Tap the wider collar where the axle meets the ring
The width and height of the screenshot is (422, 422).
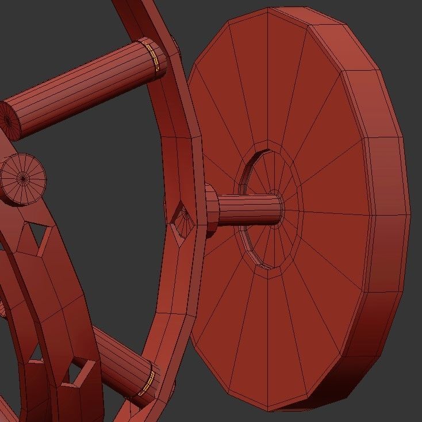211,211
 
